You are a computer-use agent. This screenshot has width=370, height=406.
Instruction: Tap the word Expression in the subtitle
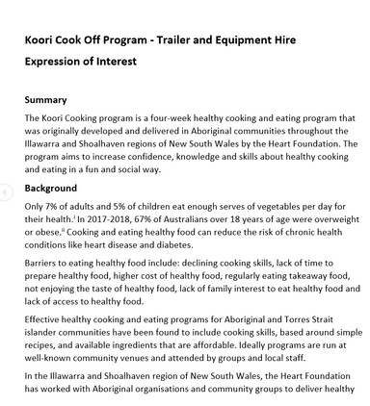[x=59, y=62]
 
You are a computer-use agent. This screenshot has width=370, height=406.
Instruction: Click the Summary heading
[x=45, y=99]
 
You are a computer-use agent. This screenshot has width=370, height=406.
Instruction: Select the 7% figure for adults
[x=56, y=207]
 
